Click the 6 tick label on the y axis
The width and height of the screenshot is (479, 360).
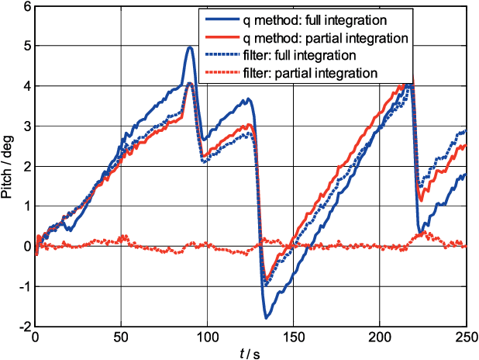pos(26,7)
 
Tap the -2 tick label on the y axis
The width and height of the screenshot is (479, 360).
pos(24,327)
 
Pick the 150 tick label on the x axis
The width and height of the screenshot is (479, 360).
pos(294,338)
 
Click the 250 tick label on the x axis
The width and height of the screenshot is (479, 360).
pos(466,338)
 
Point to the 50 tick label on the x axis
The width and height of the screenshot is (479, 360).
pos(121,338)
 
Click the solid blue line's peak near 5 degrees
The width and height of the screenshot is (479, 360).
pos(190,47)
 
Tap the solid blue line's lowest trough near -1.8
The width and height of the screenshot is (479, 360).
pos(266,318)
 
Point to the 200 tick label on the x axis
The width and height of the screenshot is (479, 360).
pos(380,338)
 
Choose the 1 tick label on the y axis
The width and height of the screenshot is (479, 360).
pos(26,206)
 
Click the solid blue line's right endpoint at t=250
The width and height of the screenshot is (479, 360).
pos(466,175)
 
